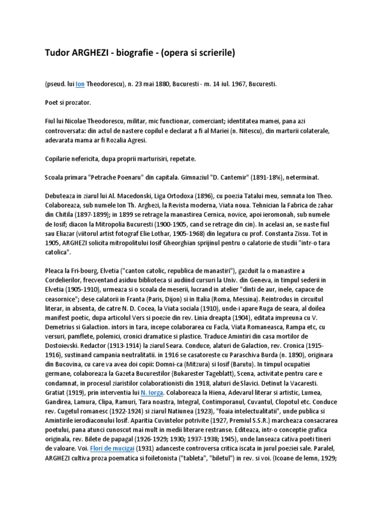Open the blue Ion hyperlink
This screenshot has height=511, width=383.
[80, 84]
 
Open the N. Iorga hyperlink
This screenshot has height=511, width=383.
[153, 392]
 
